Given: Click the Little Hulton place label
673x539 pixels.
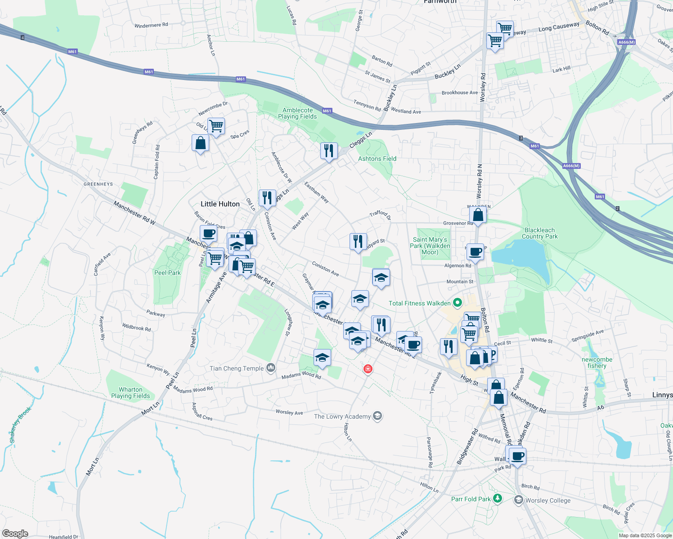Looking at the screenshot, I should click(220, 204).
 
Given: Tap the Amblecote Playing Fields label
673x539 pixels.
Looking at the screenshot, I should click(297, 113).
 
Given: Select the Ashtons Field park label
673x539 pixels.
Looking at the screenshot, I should click(377, 159).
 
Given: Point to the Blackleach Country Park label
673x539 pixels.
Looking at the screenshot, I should click(539, 233).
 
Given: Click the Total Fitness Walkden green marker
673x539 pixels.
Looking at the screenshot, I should click(458, 303).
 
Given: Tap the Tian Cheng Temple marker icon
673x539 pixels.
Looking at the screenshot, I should click(271, 368).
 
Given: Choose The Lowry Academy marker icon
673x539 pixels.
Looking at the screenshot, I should click(378, 416).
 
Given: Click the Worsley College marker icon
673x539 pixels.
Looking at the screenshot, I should click(519, 500).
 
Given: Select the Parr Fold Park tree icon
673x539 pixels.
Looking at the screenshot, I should click(497, 499).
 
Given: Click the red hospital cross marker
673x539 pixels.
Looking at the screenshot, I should click(368, 369).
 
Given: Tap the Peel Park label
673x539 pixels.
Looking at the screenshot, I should click(167, 273).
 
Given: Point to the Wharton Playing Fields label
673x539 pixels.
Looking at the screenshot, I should click(130, 393).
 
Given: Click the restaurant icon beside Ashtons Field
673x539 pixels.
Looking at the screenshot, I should click(329, 151).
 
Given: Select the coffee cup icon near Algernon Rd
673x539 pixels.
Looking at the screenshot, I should click(475, 252).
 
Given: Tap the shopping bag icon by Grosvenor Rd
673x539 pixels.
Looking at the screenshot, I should click(478, 215).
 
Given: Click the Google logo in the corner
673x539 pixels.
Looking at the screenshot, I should click(15, 534).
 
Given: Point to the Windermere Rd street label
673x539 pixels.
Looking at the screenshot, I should click(151, 25).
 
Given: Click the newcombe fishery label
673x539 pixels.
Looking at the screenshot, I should click(597, 362).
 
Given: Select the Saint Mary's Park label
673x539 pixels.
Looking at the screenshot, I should click(430, 246).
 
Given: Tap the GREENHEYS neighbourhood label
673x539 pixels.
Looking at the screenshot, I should click(99, 184).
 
